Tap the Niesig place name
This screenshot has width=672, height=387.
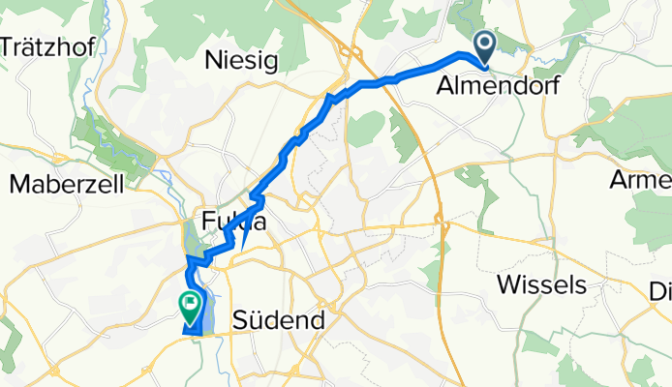pyautogui.click(x=242, y=62)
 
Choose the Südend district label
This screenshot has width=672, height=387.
pyautogui.click(x=273, y=318)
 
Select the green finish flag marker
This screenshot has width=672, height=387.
pyautogui.click(x=190, y=308)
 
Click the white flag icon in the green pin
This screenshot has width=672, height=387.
pyautogui.click(x=190, y=304)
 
